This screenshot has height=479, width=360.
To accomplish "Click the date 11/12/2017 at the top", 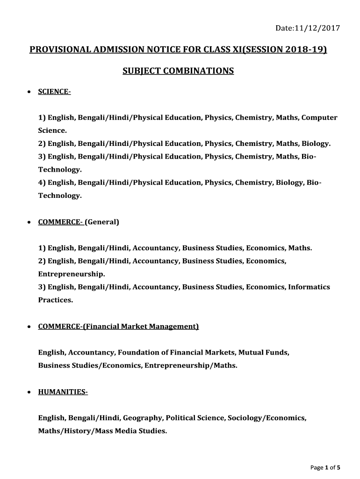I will point(318,29).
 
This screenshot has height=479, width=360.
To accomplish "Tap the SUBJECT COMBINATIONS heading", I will point(178,71).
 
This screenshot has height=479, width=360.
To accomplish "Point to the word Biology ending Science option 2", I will point(316,144).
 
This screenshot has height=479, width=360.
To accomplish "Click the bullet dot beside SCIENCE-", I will point(29,93).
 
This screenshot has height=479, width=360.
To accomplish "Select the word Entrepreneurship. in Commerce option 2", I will point(72,274).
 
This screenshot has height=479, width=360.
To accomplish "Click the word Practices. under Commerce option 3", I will point(56,300).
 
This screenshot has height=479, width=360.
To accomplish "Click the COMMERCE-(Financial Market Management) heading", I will point(118,327).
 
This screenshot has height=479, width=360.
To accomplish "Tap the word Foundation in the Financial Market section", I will point(136,352).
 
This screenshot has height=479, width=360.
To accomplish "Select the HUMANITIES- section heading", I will point(63,392).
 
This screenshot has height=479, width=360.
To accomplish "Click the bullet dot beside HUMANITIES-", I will point(29,392).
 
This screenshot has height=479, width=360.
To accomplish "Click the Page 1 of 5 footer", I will point(325,467).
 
